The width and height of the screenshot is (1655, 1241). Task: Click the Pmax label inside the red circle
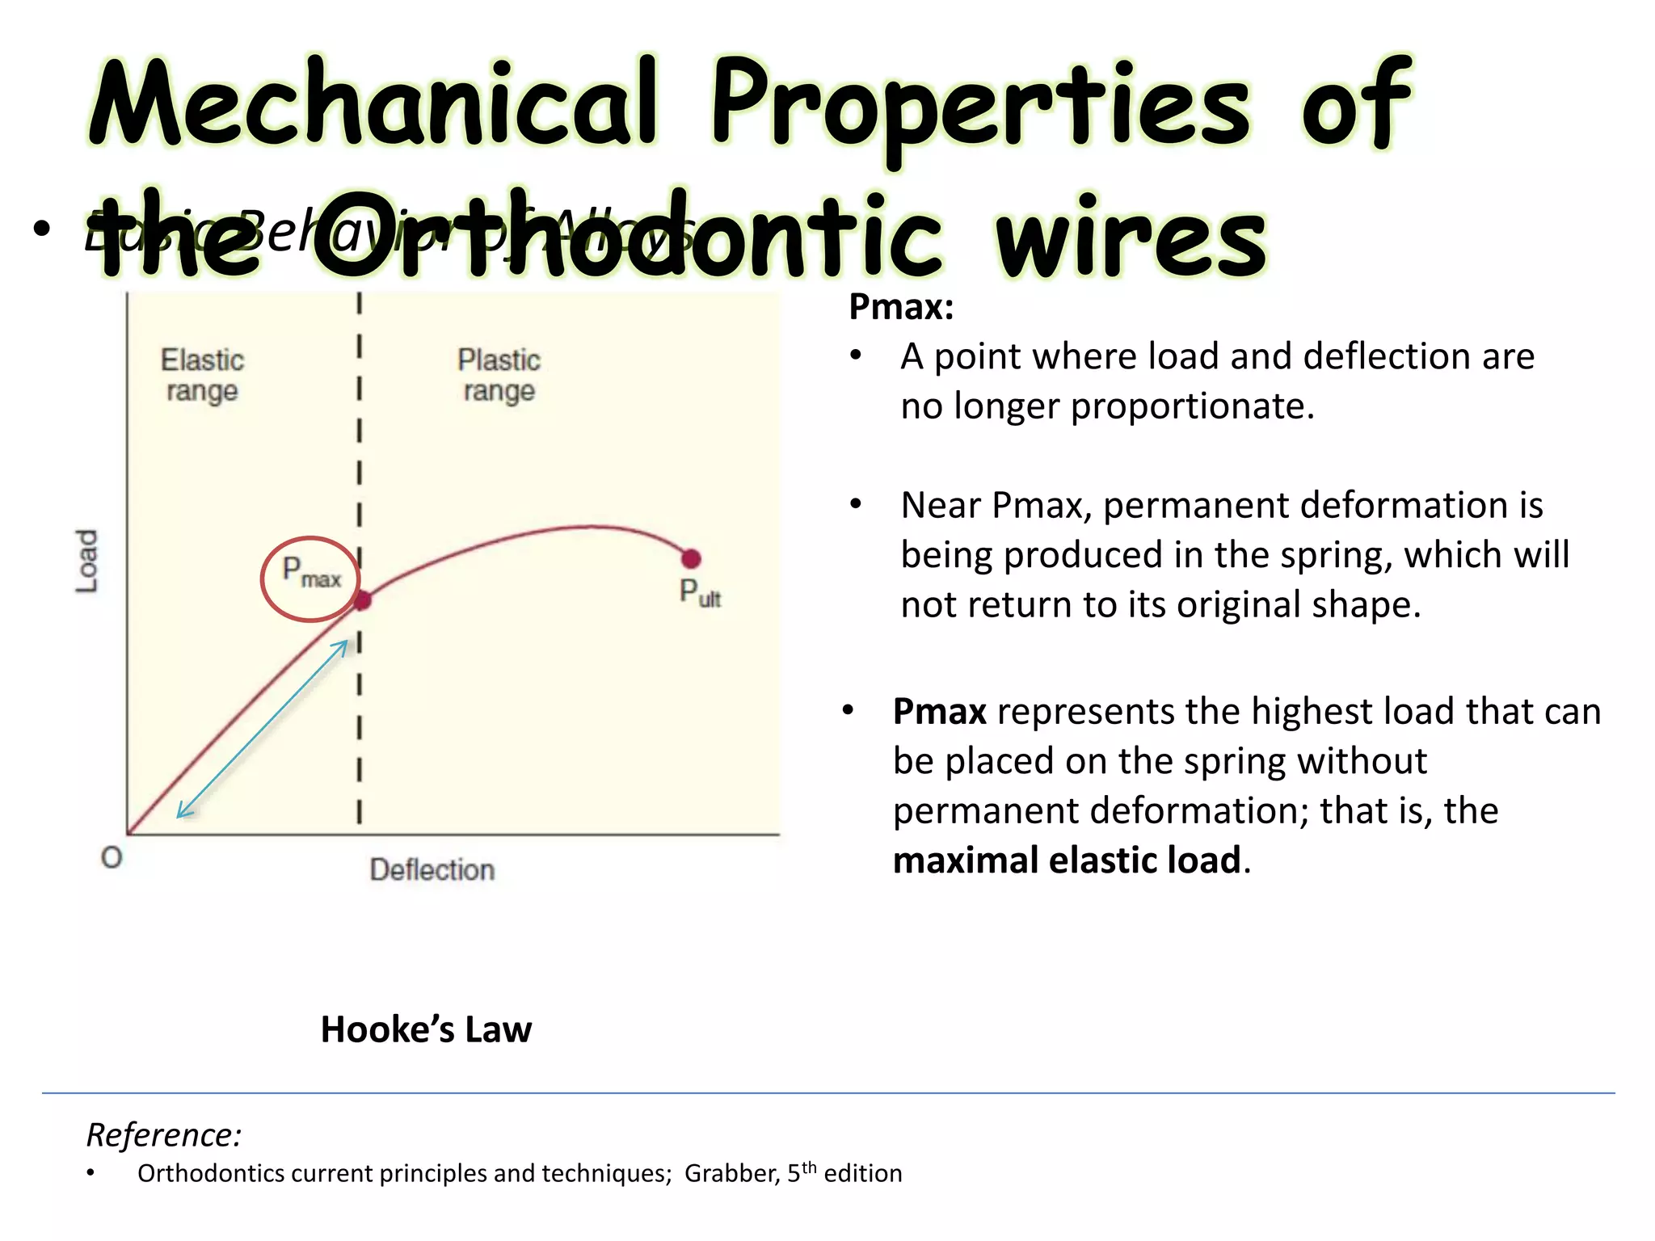[x=311, y=573]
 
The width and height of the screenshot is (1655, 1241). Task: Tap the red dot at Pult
[x=691, y=558]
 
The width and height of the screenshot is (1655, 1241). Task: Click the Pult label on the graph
[x=700, y=593]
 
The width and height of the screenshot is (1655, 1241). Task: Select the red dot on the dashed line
[x=363, y=600]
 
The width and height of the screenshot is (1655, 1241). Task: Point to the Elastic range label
[x=202, y=375]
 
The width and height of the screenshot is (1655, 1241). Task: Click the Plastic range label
[x=499, y=375]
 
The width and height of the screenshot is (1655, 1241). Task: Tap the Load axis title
[x=86, y=561]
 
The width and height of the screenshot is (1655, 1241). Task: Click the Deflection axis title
[x=432, y=870]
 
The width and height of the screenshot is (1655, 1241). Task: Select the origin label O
[x=112, y=857]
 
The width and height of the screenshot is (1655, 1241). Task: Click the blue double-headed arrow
[x=263, y=729]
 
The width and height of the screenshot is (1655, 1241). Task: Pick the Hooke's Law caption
[x=426, y=1029]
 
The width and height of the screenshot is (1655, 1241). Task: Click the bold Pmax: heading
[x=901, y=307]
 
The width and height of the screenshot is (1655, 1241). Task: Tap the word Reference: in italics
[x=164, y=1134]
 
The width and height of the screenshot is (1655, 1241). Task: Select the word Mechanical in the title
[x=372, y=105]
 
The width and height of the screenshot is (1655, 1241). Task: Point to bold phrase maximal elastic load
[x=1067, y=860]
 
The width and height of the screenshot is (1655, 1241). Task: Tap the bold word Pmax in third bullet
[x=939, y=712]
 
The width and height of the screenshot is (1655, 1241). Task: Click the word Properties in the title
[x=979, y=105]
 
